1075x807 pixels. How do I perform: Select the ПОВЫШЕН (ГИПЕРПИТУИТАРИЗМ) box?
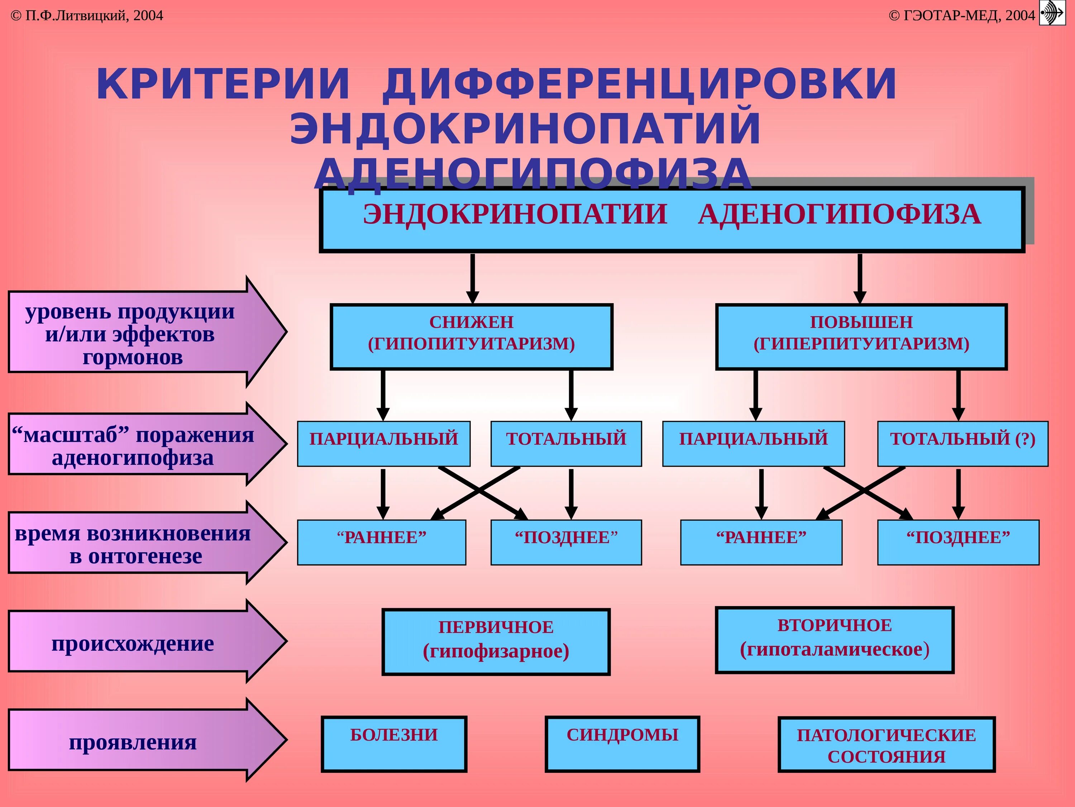(x=861, y=337)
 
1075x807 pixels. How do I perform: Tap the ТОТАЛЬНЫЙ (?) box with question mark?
(x=962, y=443)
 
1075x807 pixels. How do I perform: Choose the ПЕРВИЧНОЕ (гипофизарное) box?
(x=496, y=642)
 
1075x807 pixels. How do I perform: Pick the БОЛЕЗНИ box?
(x=394, y=744)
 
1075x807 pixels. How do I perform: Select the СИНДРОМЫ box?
(x=622, y=744)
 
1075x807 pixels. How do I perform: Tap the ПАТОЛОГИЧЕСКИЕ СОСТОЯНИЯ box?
(x=887, y=745)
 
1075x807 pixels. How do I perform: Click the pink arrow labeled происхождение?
(x=136, y=642)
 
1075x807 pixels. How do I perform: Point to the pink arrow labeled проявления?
(x=136, y=741)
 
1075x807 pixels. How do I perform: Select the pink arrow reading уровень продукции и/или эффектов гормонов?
(x=136, y=333)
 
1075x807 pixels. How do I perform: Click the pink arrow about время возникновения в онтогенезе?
(x=136, y=543)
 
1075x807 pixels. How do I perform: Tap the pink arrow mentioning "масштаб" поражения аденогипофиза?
(x=136, y=445)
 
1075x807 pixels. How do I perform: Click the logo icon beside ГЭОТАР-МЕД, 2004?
(x=1052, y=13)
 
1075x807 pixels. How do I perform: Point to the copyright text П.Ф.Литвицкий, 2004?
(x=87, y=15)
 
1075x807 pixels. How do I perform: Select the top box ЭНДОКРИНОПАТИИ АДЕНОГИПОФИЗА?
(x=672, y=220)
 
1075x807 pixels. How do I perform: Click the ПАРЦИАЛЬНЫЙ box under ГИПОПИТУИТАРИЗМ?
(x=383, y=443)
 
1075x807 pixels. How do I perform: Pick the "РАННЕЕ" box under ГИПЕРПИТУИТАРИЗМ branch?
(x=761, y=542)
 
